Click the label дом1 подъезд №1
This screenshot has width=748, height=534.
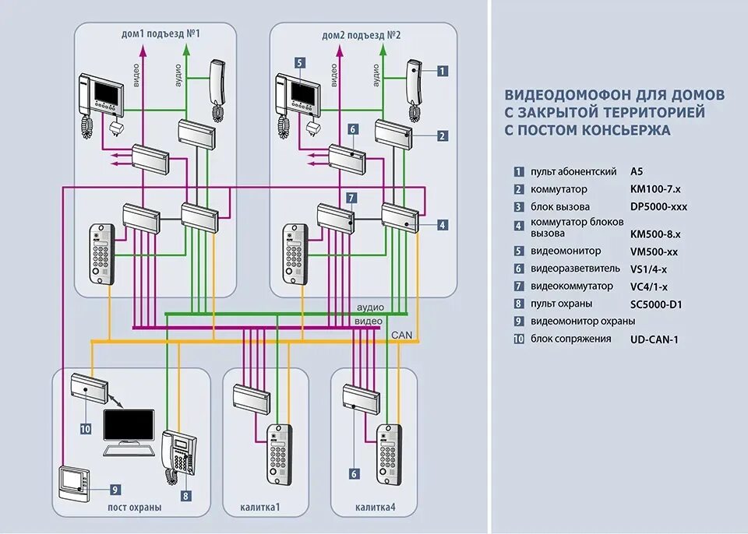click(161, 35)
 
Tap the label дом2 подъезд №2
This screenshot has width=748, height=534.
click(356, 35)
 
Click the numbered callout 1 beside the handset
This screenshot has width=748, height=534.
click(442, 71)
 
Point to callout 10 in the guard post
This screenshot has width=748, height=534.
click(85, 428)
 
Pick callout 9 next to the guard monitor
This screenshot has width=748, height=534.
click(115, 490)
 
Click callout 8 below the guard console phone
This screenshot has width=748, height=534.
click(185, 494)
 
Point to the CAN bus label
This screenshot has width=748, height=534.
click(402, 335)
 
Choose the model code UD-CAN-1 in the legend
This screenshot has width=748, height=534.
click(654, 339)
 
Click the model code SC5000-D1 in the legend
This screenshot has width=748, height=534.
click(656, 304)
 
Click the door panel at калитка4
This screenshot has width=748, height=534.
click(389, 451)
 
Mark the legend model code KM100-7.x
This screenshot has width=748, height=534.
click(655, 189)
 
